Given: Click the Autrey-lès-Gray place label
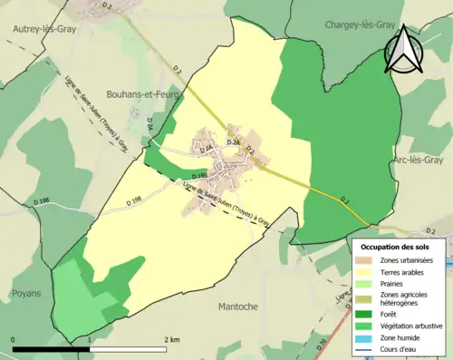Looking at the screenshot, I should point(44,29).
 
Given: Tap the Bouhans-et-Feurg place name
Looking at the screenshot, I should point(145,92).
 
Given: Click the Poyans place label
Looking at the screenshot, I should point(26,294).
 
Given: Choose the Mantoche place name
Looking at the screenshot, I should point(242,306).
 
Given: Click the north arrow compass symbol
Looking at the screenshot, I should point(404,49).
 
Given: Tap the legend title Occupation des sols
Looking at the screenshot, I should point(398,246).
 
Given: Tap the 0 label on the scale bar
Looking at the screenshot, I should point(13,339).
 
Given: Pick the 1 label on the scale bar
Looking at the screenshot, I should point(91,339).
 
